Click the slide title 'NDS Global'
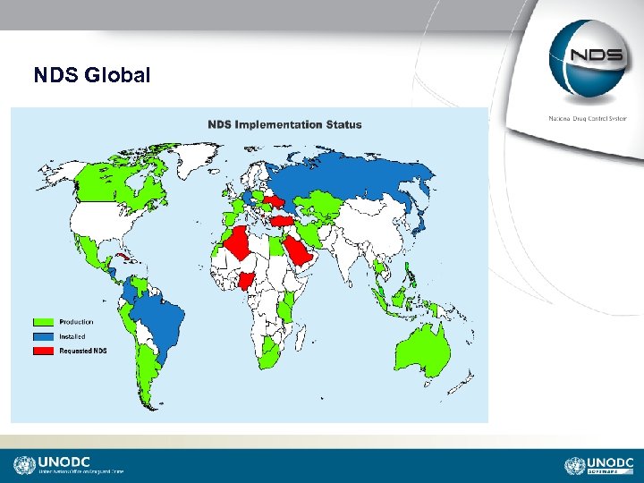(91, 76)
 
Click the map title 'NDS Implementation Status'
(284, 124)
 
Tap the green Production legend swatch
(44, 322)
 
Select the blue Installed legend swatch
(44, 336)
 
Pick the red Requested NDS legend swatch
(44, 351)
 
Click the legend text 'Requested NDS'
(83, 351)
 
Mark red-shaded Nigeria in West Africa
(246, 280)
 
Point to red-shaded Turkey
(283, 221)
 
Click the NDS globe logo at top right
(587, 58)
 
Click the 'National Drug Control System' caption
(587, 119)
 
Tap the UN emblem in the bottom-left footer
(24, 465)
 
